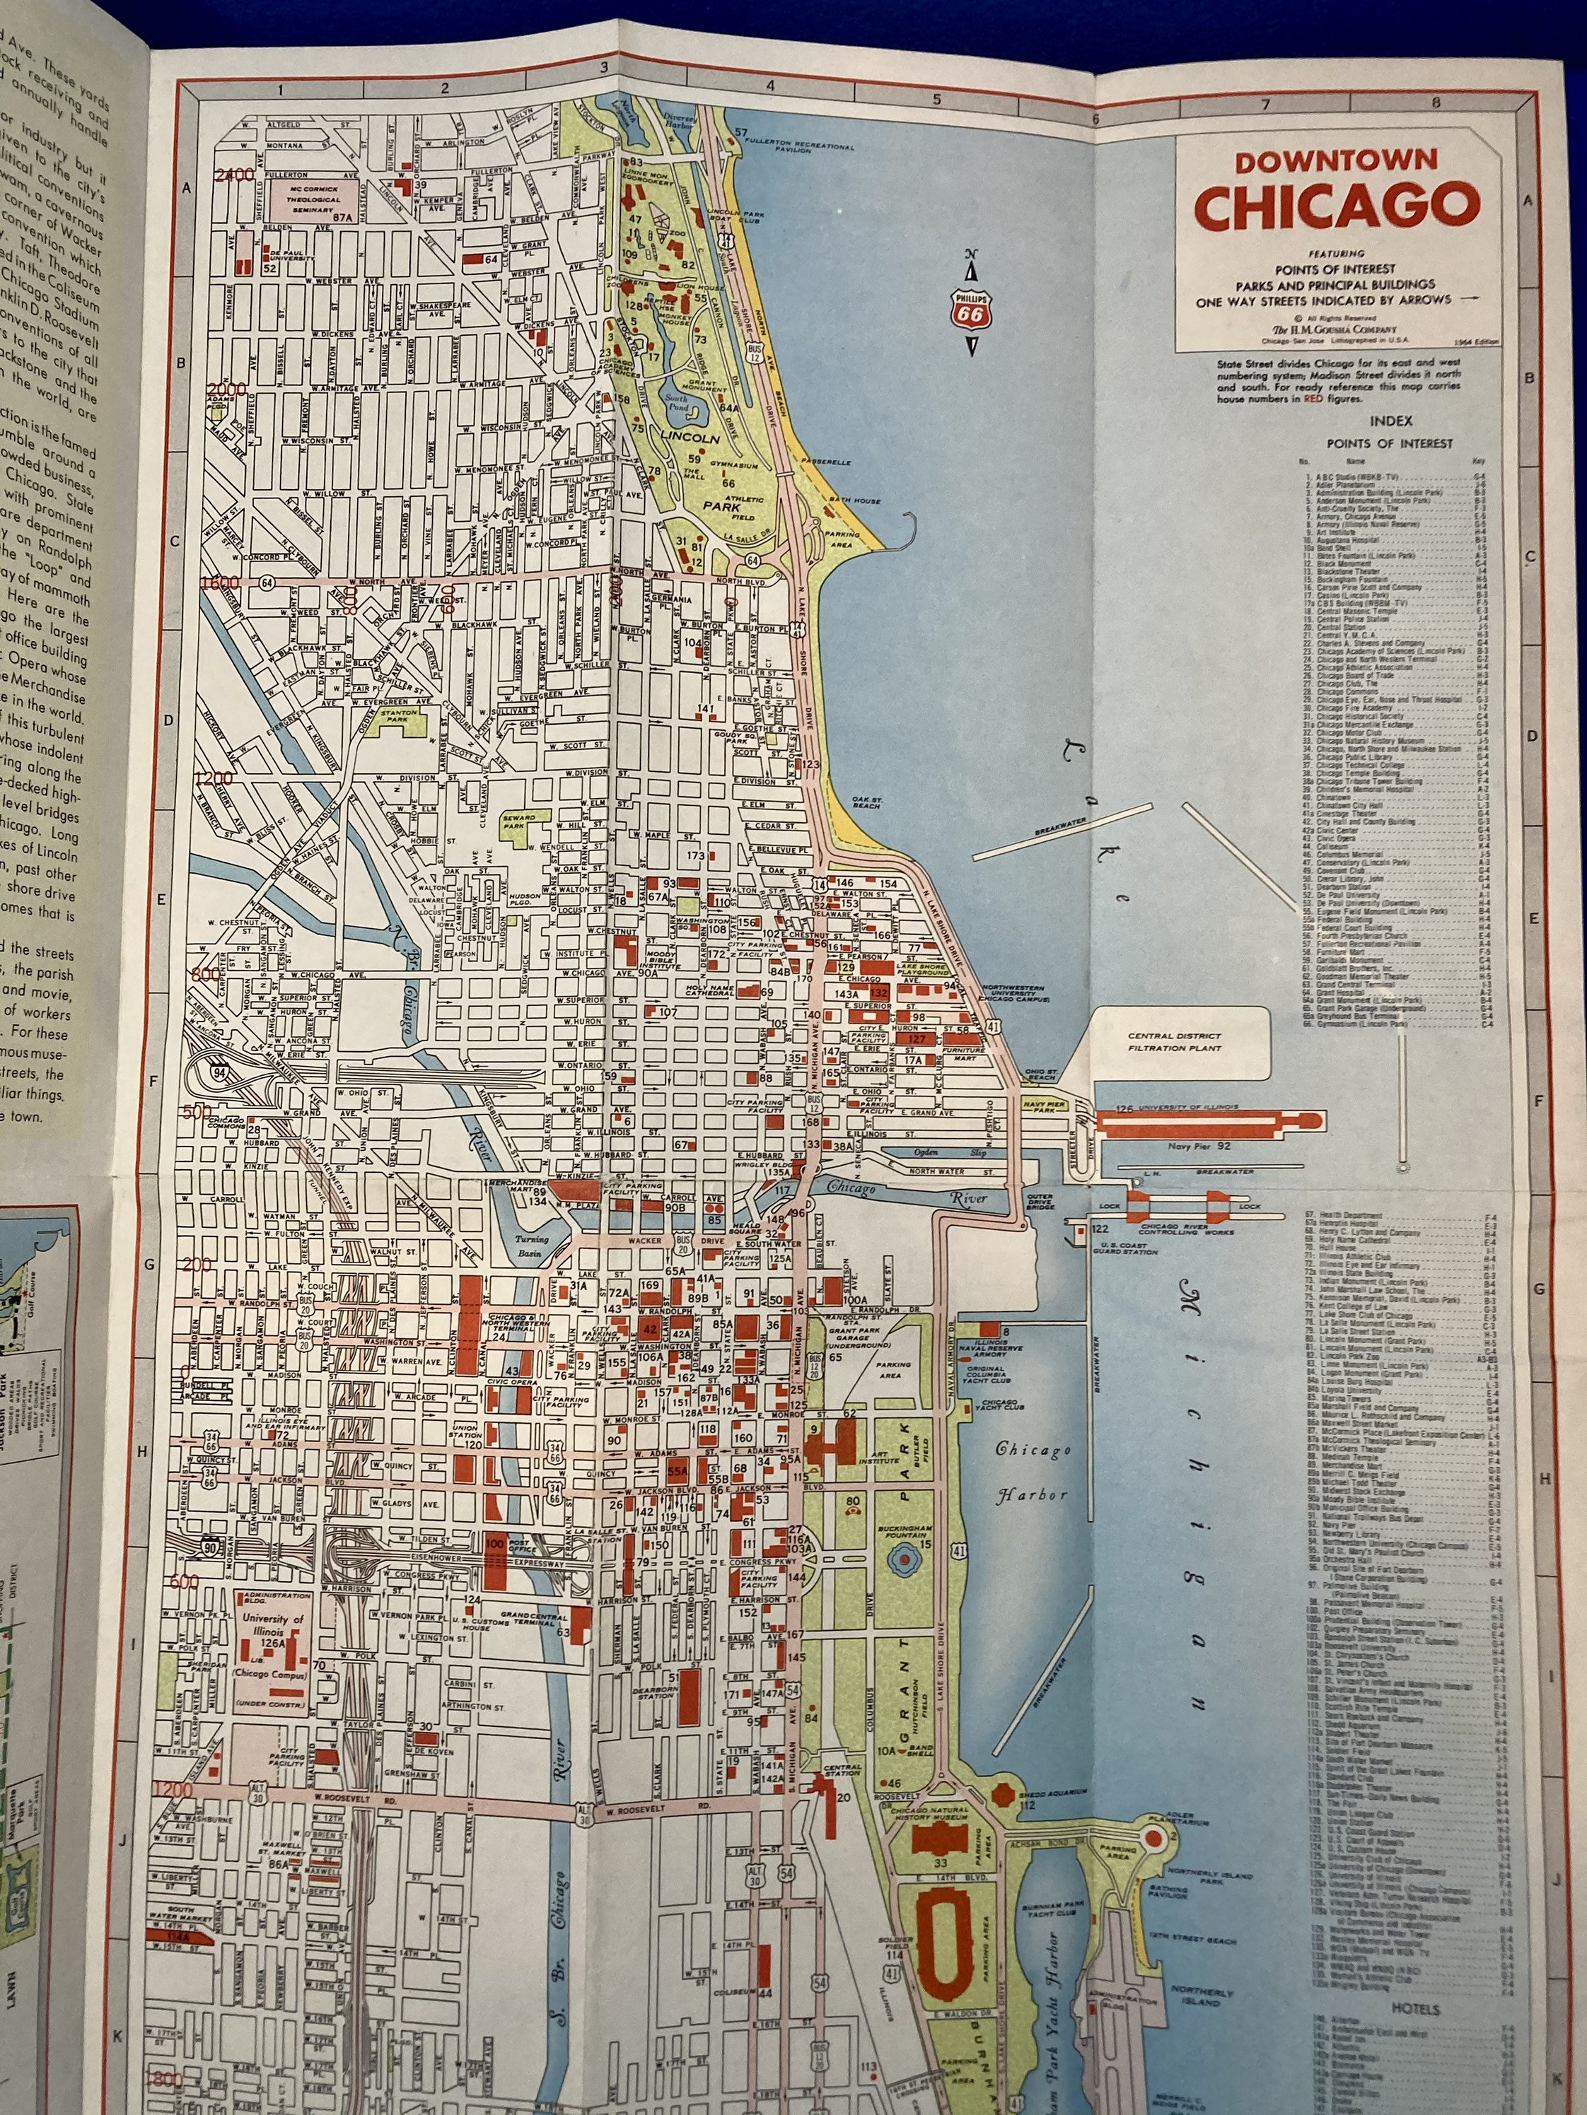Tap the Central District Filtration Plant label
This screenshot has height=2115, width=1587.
click(1174, 1041)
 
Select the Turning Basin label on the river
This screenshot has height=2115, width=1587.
click(532, 1245)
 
